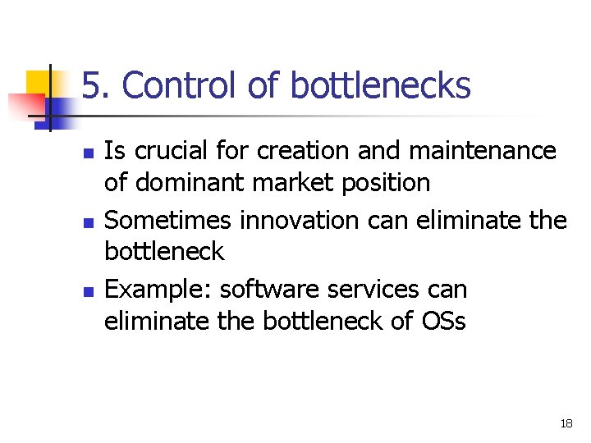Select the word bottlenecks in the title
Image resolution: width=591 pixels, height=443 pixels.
381,85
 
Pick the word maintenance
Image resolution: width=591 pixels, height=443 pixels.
479,151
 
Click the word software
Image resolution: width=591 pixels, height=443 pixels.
270,290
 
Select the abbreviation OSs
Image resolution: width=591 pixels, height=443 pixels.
442,321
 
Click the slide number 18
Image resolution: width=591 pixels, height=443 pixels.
566,424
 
